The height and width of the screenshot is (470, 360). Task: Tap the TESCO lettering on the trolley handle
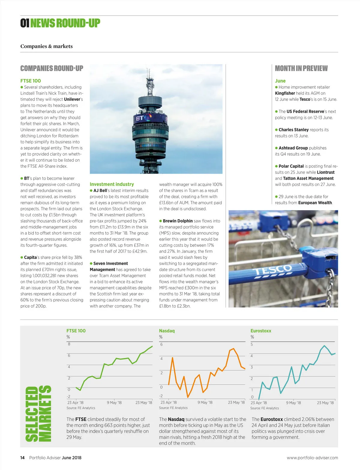pyautogui.click(x=272, y=270)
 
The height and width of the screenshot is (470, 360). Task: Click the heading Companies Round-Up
pyautogui.click(x=52, y=68)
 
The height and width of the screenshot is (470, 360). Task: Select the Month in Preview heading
pyautogui.click(x=301, y=68)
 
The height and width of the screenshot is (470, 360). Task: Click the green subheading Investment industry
pyautogui.click(x=112, y=184)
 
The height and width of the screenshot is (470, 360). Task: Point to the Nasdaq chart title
pyautogui.click(x=167, y=331)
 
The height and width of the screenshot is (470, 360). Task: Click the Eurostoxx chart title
pyautogui.click(x=261, y=331)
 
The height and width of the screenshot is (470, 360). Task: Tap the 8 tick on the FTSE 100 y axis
pyautogui.click(x=69, y=344)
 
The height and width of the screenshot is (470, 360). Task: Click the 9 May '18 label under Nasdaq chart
pyautogui.click(x=205, y=402)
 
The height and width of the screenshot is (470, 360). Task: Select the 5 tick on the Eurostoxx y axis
pyautogui.click(x=252, y=344)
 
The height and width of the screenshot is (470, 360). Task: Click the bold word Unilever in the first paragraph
pyautogui.click(x=72, y=99)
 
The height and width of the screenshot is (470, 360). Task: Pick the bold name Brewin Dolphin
pyautogui.click(x=178, y=221)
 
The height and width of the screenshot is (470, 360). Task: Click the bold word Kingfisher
pyautogui.click(x=285, y=93)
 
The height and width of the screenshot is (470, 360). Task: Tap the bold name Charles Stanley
pyautogui.click(x=293, y=130)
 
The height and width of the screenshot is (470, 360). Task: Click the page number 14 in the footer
pyautogui.click(x=22, y=458)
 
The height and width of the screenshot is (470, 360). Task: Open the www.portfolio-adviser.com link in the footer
pyautogui.click(x=312, y=458)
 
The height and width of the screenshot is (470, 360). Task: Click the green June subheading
pyautogui.click(x=280, y=81)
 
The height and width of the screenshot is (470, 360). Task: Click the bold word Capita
pyautogui.click(x=30, y=257)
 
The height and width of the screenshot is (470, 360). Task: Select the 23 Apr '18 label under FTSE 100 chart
pyautogui.click(x=75, y=403)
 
